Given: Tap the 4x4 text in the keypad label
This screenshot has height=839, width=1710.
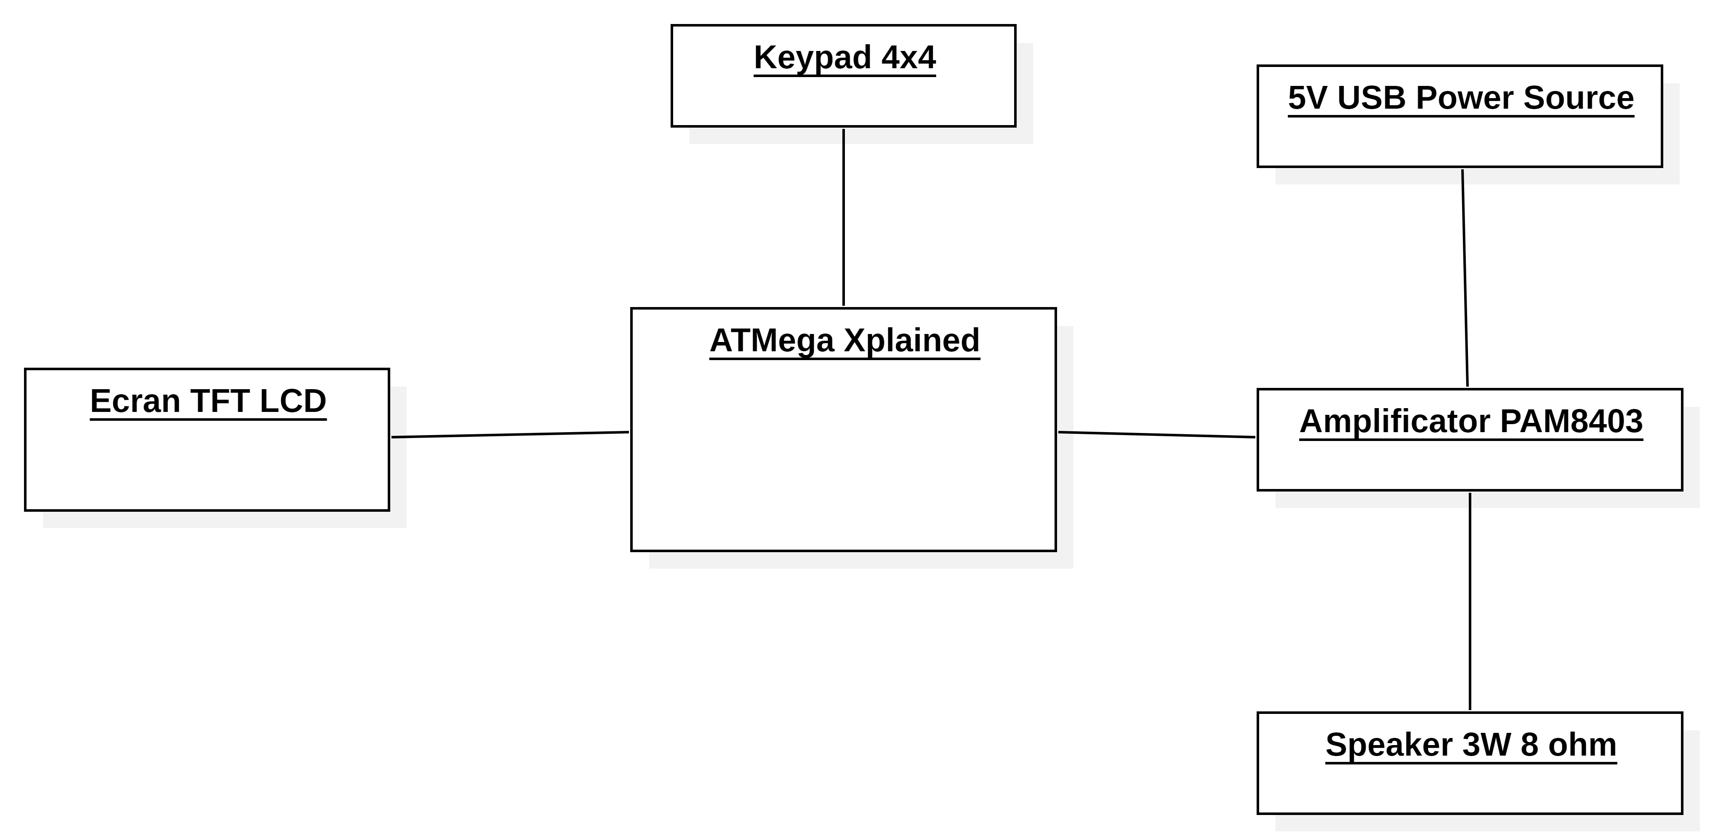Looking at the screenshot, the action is pos(909,57).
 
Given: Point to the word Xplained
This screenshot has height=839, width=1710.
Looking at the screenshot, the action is pos(911,340).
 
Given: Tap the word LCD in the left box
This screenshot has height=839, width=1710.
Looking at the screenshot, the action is pos(293,401).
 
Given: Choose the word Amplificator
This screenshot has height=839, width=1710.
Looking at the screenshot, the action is pos(1394,422).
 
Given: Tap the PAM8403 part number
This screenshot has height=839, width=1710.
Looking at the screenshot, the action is pos(1571,422).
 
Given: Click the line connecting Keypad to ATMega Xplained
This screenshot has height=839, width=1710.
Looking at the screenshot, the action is pos(844,217).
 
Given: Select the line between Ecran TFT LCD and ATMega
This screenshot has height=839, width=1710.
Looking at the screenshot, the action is pos(510,434).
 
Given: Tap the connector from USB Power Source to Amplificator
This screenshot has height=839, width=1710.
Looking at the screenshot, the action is pos(1465,278).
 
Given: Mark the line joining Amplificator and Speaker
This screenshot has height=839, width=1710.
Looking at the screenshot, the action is pos(1470,601).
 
